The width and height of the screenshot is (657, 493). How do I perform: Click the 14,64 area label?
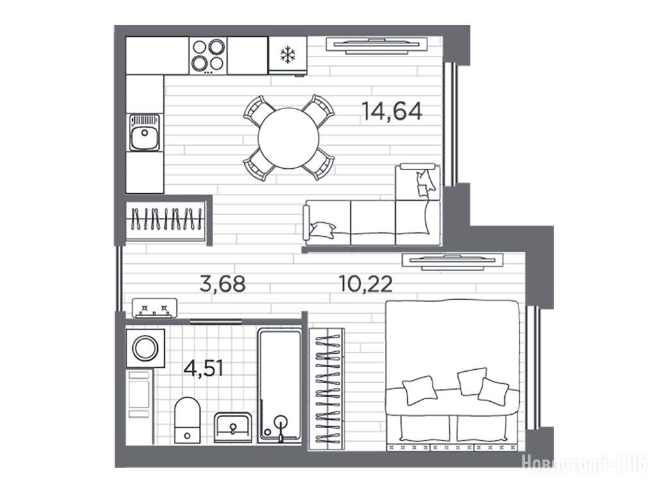tap(392, 112)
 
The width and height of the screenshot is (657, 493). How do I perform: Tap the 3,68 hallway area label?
tap(223, 284)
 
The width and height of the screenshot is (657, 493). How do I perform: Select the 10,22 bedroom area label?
tap(365, 284)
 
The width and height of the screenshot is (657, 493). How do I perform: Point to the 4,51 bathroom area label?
tap(203, 368)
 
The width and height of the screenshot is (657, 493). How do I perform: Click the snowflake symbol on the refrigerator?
tap(288, 55)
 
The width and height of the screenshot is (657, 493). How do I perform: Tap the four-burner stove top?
tap(208, 56)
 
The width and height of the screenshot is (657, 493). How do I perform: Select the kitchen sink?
tap(144, 132)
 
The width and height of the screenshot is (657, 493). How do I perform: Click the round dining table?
tap(289, 139)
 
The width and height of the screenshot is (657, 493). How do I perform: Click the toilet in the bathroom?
tap(187, 420)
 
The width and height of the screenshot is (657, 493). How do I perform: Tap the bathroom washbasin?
tap(233, 427)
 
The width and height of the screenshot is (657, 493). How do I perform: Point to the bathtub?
tap(280, 385)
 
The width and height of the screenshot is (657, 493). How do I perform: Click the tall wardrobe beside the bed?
tap(327, 388)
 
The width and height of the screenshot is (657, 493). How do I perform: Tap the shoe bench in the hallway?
tap(154, 308)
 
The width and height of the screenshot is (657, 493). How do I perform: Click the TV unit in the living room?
tap(376, 46)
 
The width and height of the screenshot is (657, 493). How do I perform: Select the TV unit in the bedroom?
tap(452, 261)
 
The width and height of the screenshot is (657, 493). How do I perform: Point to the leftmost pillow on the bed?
tap(420, 390)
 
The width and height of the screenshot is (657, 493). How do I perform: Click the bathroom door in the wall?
tap(216, 322)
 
